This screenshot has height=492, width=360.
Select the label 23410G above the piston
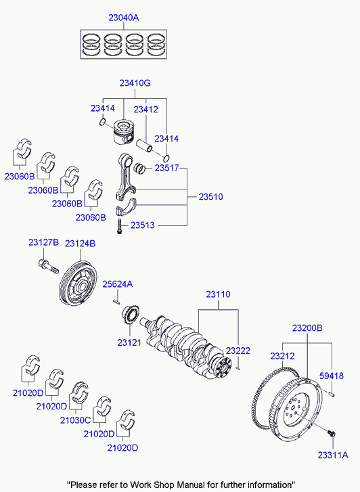click(135, 83)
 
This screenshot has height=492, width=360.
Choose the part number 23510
click(210, 197)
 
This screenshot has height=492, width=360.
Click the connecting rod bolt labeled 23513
click(119, 227)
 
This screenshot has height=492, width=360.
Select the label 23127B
click(43, 242)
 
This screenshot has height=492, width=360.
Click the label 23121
click(129, 342)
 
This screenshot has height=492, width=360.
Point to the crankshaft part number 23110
click(219, 295)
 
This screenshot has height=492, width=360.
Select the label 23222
click(238, 351)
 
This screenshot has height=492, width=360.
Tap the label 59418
click(332, 376)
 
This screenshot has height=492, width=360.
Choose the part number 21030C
click(75, 420)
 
